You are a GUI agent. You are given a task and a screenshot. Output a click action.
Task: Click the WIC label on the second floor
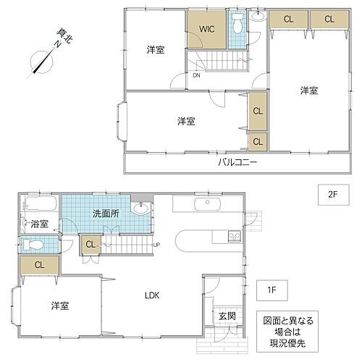point(206,29)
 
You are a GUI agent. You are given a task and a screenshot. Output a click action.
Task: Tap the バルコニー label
point(237,163)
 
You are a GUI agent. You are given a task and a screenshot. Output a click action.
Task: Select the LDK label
point(151,295)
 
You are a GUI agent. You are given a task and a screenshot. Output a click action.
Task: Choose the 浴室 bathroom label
point(39,224)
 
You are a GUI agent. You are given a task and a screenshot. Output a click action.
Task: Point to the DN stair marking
point(197,75)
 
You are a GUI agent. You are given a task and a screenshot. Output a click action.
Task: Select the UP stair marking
point(156,245)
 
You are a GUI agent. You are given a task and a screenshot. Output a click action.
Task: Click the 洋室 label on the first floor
point(59,305)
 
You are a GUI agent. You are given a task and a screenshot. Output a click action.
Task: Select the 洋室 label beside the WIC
point(154,49)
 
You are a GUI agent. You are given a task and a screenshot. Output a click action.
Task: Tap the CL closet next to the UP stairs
point(90,245)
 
